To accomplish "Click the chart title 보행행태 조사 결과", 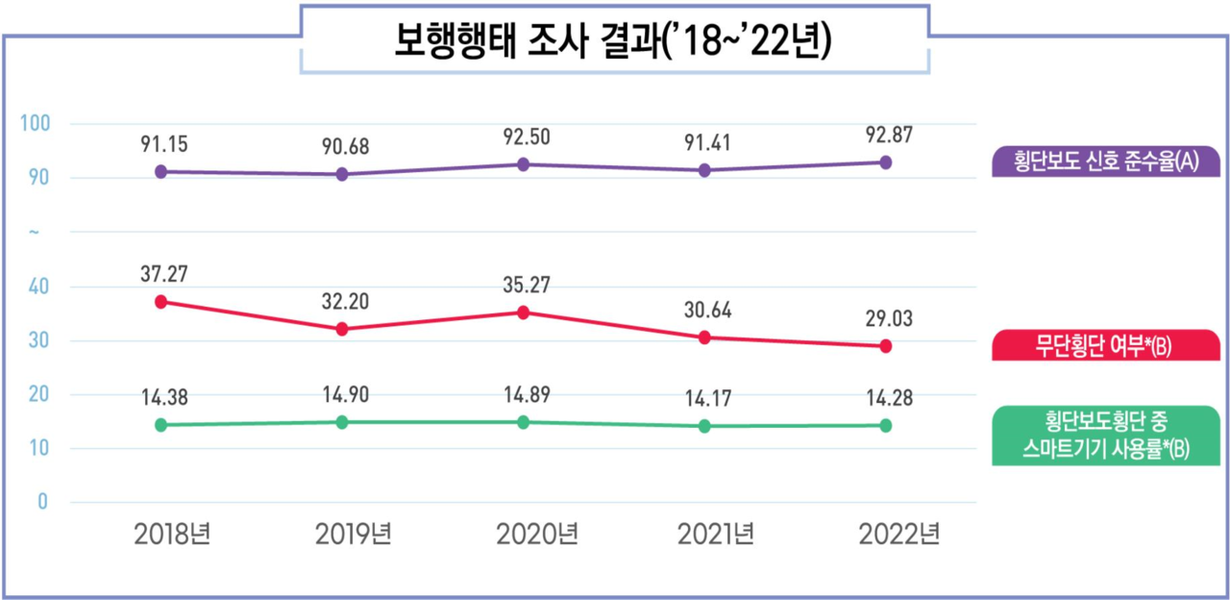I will pos(613,41).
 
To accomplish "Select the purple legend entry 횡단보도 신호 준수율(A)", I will pos(1104,161).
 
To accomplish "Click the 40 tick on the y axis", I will pos(41,287).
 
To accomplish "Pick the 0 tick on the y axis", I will pos(43,502).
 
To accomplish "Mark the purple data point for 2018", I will pos(160,171).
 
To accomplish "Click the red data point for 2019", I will pos(342,329).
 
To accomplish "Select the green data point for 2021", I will pos(704,426).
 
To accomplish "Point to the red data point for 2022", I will pos(886,346).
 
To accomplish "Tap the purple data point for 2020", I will pos(523,164).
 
